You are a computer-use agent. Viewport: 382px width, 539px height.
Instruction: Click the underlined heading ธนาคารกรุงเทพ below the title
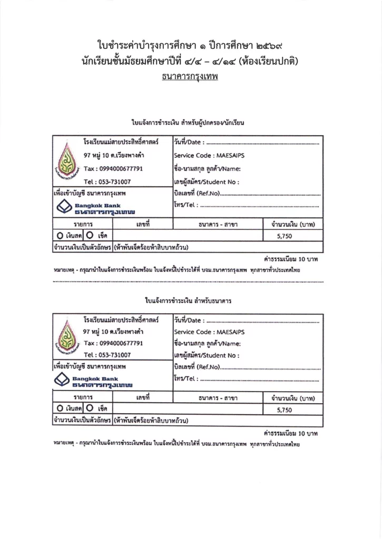(190, 76)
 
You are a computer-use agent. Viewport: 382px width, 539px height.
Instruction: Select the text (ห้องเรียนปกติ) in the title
(269, 61)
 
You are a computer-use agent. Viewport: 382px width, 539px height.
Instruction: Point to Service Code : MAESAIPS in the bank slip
(209, 332)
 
